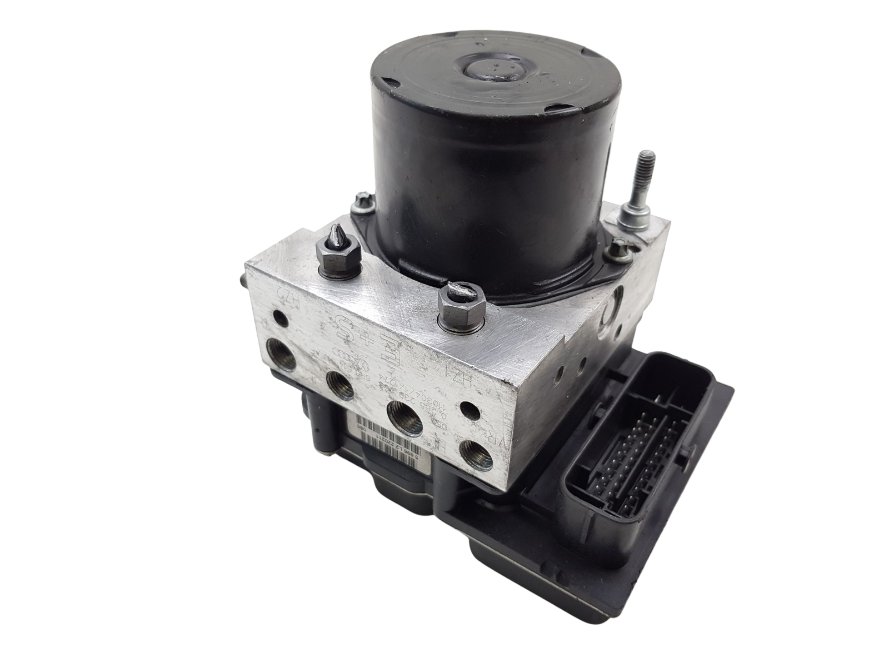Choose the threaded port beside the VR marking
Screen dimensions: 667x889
point(474,445)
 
